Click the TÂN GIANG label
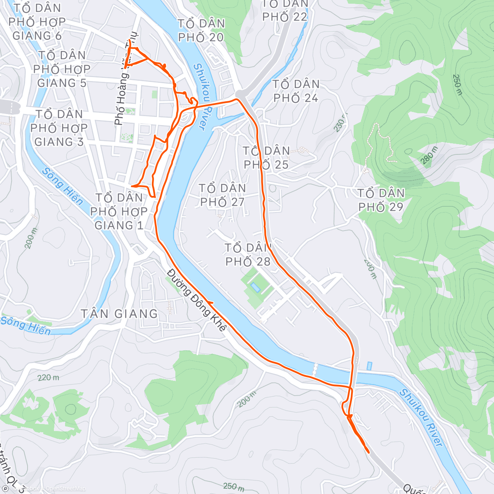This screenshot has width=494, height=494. tap(119, 314)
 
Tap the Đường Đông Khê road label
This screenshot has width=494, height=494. tap(197, 301)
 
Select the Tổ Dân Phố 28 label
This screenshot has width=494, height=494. tap(248, 255)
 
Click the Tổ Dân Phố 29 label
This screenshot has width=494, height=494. tap(381, 200)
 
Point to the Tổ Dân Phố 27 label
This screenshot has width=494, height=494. tap(222, 195)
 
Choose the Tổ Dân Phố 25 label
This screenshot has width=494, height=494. tap(266, 158)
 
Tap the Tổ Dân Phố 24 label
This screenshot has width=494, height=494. tap(296, 91)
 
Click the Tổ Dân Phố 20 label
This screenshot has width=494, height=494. tap(201, 30)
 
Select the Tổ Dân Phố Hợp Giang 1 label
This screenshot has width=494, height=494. tap(119, 211)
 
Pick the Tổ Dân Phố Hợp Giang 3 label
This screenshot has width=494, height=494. tap(59, 128)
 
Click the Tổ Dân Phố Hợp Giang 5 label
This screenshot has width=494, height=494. tap(62, 69)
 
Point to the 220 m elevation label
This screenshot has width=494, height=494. tap(48, 377)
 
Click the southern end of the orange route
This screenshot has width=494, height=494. tap(368, 452)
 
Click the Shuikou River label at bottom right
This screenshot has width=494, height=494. tap(421, 418)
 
